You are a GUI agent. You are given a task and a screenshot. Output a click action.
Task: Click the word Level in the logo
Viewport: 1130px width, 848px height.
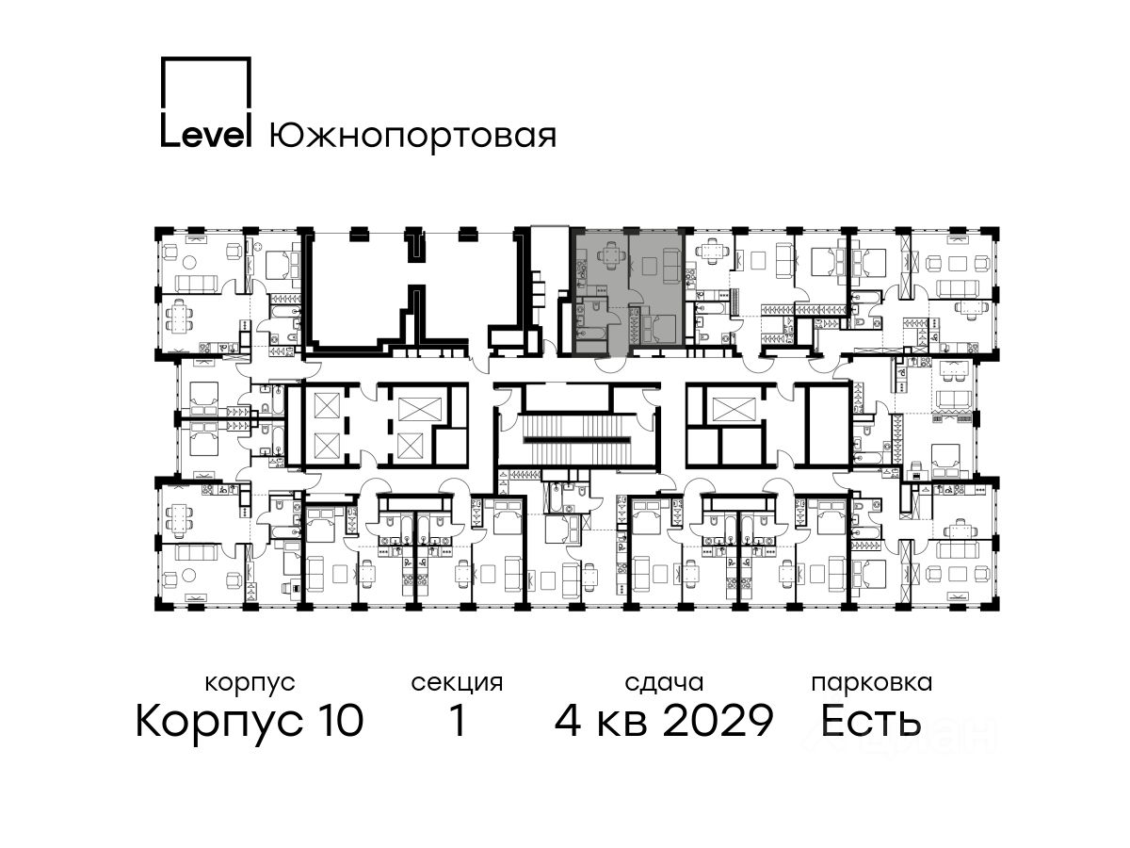(x=206, y=136)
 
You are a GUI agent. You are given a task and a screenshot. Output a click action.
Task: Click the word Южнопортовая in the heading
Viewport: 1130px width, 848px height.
(x=412, y=137)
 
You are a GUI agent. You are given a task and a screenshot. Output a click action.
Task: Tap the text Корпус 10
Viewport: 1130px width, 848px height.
(x=250, y=720)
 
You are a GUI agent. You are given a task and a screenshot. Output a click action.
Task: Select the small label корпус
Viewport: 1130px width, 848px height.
(x=250, y=683)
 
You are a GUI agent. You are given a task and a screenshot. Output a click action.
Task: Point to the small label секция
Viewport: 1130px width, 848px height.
(x=457, y=683)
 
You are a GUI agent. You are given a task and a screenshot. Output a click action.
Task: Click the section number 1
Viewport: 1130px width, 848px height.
(x=459, y=720)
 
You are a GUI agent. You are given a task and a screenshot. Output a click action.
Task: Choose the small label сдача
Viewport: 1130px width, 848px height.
(x=664, y=683)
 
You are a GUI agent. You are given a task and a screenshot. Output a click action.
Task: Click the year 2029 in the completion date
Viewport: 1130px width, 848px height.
(x=718, y=720)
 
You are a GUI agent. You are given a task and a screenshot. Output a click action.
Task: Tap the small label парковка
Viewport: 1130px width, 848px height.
(x=872, y=683)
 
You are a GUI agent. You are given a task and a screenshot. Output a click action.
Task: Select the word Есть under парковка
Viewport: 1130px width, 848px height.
(x=870, y=720)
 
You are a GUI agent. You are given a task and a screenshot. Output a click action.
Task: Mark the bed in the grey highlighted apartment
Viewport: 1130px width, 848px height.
(x=659, y=329)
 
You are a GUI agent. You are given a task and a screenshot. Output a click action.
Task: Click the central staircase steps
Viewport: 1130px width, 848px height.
(x=576, y=441)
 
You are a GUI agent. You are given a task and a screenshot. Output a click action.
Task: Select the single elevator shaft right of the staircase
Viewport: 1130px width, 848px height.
(x=731, y=409)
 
